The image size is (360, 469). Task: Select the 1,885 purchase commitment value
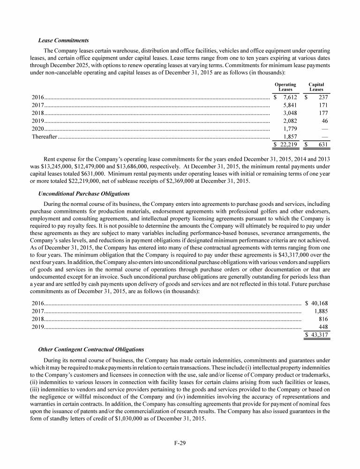click(x=320, y=311)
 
